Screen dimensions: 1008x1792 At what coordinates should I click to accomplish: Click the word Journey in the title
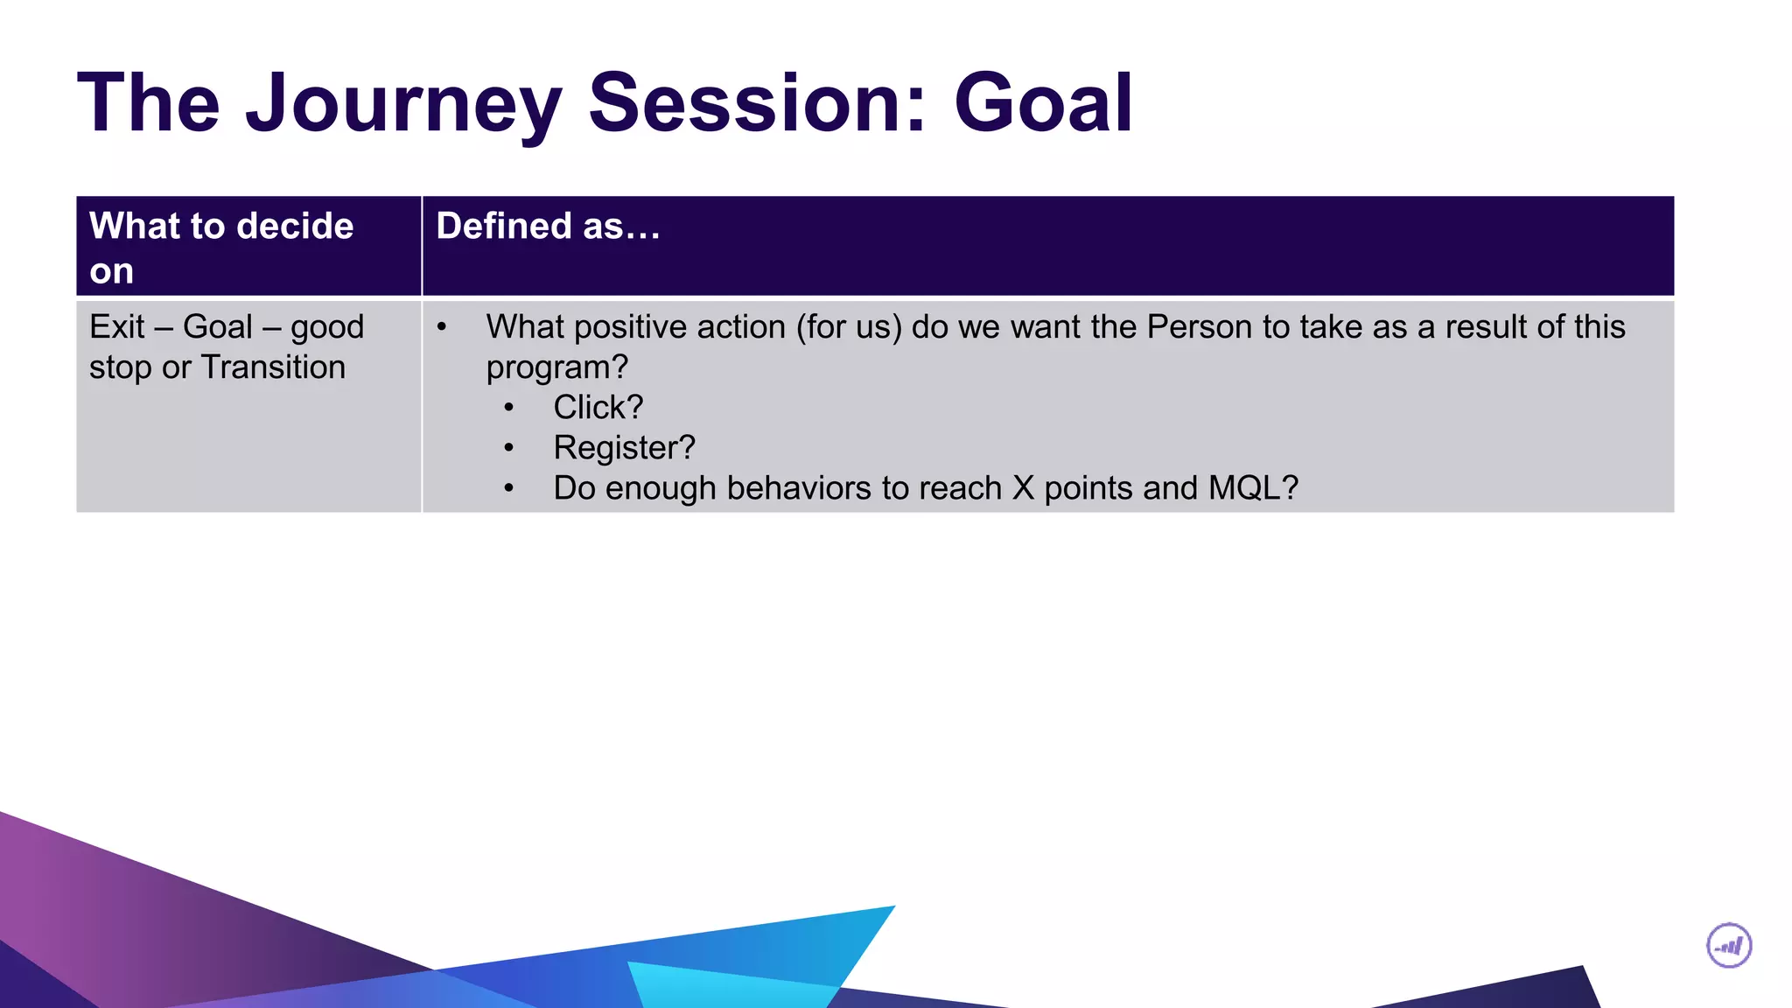click(x=402, y=105)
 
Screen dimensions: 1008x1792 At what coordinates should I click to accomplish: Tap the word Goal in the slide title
click(x=1043, y=105)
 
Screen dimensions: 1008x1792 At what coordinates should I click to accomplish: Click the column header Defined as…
click(x=548, y=227)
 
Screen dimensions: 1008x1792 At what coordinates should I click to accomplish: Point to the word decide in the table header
click(x=295, y=227)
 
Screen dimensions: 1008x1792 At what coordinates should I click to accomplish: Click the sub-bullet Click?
click(x=598, y=408)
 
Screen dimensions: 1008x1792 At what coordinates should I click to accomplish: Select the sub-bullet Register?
click(x=624, y=448)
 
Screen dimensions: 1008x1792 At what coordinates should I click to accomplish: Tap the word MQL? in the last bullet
click(x=1253, y=488)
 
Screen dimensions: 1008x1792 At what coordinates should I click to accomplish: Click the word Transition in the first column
click(x=273, y=367)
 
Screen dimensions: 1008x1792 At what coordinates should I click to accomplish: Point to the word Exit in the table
click(x=116, y=327)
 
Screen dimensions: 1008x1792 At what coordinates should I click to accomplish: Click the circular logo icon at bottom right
click(x=1729, y=946)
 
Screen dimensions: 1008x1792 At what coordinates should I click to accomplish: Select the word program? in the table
click(x=556, y=367)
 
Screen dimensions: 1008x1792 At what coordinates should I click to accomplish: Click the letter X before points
click(x=1023, y=488)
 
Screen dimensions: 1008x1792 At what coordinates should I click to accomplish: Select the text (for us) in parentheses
click(x=848, y=327)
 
